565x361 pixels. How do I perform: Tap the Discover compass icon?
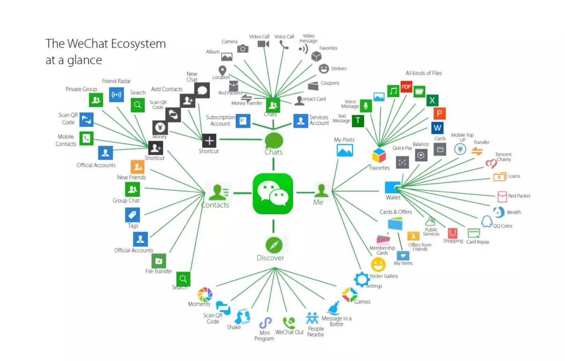click(273, 245)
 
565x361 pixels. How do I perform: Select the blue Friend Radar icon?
click(116, 95)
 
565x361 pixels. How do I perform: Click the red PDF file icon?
click(406, 87)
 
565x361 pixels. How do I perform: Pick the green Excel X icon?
click(432, 100)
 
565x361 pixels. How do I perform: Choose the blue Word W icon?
click(437, 128)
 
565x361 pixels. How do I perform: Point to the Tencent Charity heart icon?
click(491, 164)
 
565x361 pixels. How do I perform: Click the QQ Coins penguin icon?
click(486, 221)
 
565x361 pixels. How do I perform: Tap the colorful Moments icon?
click(205, 294)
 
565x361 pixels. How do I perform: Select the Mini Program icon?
click(265, 323)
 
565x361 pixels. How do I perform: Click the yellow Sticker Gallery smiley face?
click(378, 265)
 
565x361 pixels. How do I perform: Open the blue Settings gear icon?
click(361, 279)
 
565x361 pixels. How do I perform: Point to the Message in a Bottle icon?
click(334, 308)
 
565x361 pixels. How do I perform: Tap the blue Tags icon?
click(132, 215)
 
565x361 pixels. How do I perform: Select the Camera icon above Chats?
click(243, 49)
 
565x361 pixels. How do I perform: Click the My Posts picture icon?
click(345, 150)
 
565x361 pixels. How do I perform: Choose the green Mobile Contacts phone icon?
click(86, 139)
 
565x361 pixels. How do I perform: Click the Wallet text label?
click(393, 198)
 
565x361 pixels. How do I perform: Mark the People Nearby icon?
click(312, 318)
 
